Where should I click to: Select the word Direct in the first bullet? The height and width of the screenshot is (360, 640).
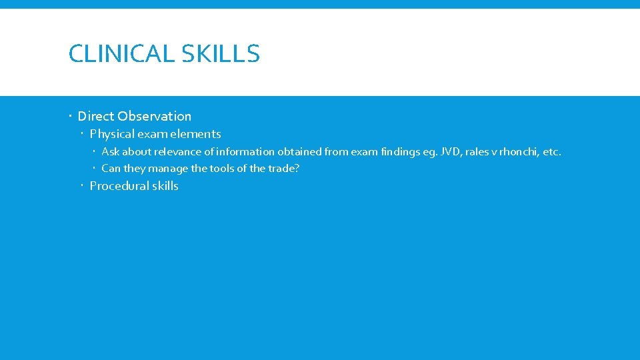pyautogui.click(x=96, y=116)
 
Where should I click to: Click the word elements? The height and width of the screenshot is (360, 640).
pyautogui.click(x=197, y=134)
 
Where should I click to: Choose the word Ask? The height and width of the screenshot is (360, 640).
pyautogui.click(x=110, y=152)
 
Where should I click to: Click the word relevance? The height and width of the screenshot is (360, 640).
pyautogui.click(x=177, y=152)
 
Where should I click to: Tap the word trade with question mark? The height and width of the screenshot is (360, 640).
pyautogui.click(x=284, y=169)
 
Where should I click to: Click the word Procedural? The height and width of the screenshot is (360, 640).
pyautogui.click(x=119, y=186)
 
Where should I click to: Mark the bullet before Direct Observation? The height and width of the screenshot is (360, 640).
pyautogui.click(x=71, y=117)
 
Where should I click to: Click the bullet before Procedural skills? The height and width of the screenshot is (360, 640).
pyautogui.click(x=83, y=187)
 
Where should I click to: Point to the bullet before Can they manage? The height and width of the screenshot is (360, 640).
pyautogui.click(x=95, y=169)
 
